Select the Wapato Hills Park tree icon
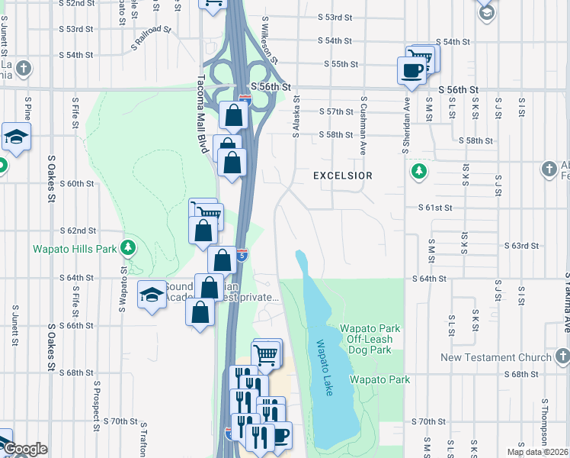129,247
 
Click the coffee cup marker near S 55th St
412,71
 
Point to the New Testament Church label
495,357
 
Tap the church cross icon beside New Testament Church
561,356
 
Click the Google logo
25,449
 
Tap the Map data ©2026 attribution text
537,452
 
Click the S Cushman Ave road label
364,125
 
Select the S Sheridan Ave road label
406,124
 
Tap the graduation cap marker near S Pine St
15,137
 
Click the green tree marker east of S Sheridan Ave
418,170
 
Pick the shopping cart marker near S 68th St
266,353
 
